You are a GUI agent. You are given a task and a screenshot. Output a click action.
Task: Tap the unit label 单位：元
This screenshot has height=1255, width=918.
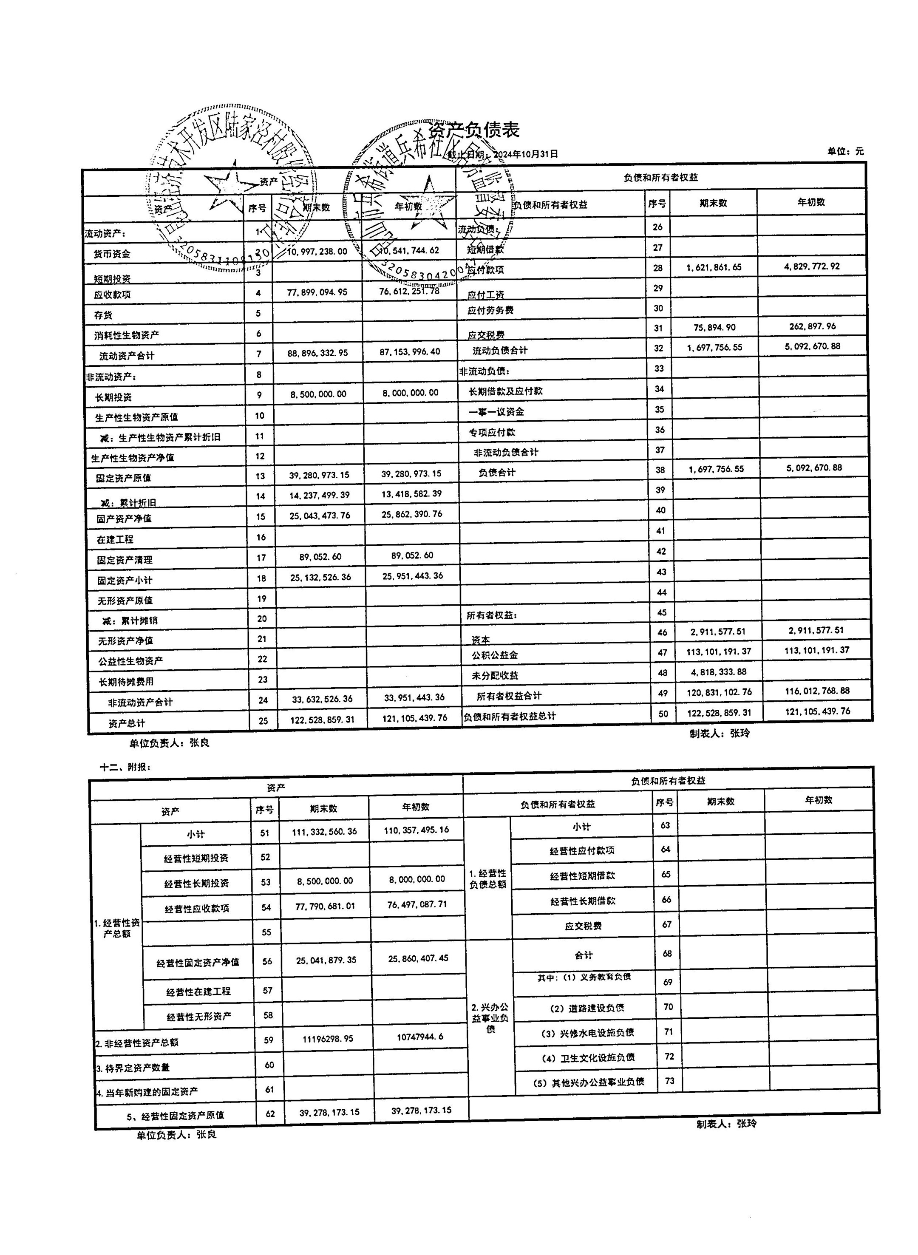click(846, 151)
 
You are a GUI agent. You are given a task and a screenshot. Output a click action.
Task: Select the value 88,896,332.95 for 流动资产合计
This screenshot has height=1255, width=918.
click(317, 353)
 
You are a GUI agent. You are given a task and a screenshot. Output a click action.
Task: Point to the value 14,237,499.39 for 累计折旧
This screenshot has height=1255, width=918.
click(319, 495)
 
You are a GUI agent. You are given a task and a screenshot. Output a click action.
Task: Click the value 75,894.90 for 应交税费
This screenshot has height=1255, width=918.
click(714, 327)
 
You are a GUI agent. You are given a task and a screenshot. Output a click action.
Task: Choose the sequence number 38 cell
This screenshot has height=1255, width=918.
click(660, 470)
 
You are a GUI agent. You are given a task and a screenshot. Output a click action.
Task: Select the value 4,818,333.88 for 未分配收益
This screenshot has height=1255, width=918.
click(719, 671)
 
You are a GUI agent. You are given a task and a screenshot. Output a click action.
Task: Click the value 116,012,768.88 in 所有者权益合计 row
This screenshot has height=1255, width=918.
click(817, 691)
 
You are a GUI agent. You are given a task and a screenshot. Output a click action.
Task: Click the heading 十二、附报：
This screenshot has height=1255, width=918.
click(125, 767)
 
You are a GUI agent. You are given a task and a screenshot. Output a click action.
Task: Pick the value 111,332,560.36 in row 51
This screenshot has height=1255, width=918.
click(324, 832)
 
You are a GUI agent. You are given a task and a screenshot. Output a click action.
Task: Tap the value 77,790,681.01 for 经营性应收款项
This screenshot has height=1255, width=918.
click(325, 906)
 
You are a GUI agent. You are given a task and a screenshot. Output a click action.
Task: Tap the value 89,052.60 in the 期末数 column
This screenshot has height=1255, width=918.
click(320, 556)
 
